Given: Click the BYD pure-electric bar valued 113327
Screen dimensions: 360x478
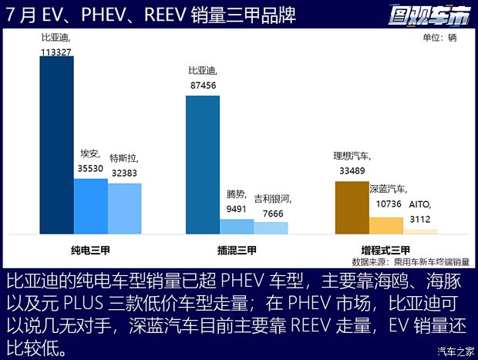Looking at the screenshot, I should [x=56, y=145].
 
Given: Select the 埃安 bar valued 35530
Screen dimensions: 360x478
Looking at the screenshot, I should [x=90, y=206].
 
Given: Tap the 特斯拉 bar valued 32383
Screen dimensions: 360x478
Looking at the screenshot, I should [x=124, y=208].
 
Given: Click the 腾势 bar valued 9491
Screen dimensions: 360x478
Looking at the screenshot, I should [x=237, y=227].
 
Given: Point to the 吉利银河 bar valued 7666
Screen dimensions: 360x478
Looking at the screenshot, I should [x=271, y=228].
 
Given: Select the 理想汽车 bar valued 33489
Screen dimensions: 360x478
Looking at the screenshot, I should [x=352, y=207].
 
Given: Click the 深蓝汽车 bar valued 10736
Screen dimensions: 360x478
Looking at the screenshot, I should [x=386, y=225].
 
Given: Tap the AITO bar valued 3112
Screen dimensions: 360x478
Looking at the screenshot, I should [x=420, y=231].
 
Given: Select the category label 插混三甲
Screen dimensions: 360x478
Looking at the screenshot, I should [x=237, y=250].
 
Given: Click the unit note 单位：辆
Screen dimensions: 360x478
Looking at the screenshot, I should [x=440, y=38].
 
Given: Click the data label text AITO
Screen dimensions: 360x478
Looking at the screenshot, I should [x=420, y=206].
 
